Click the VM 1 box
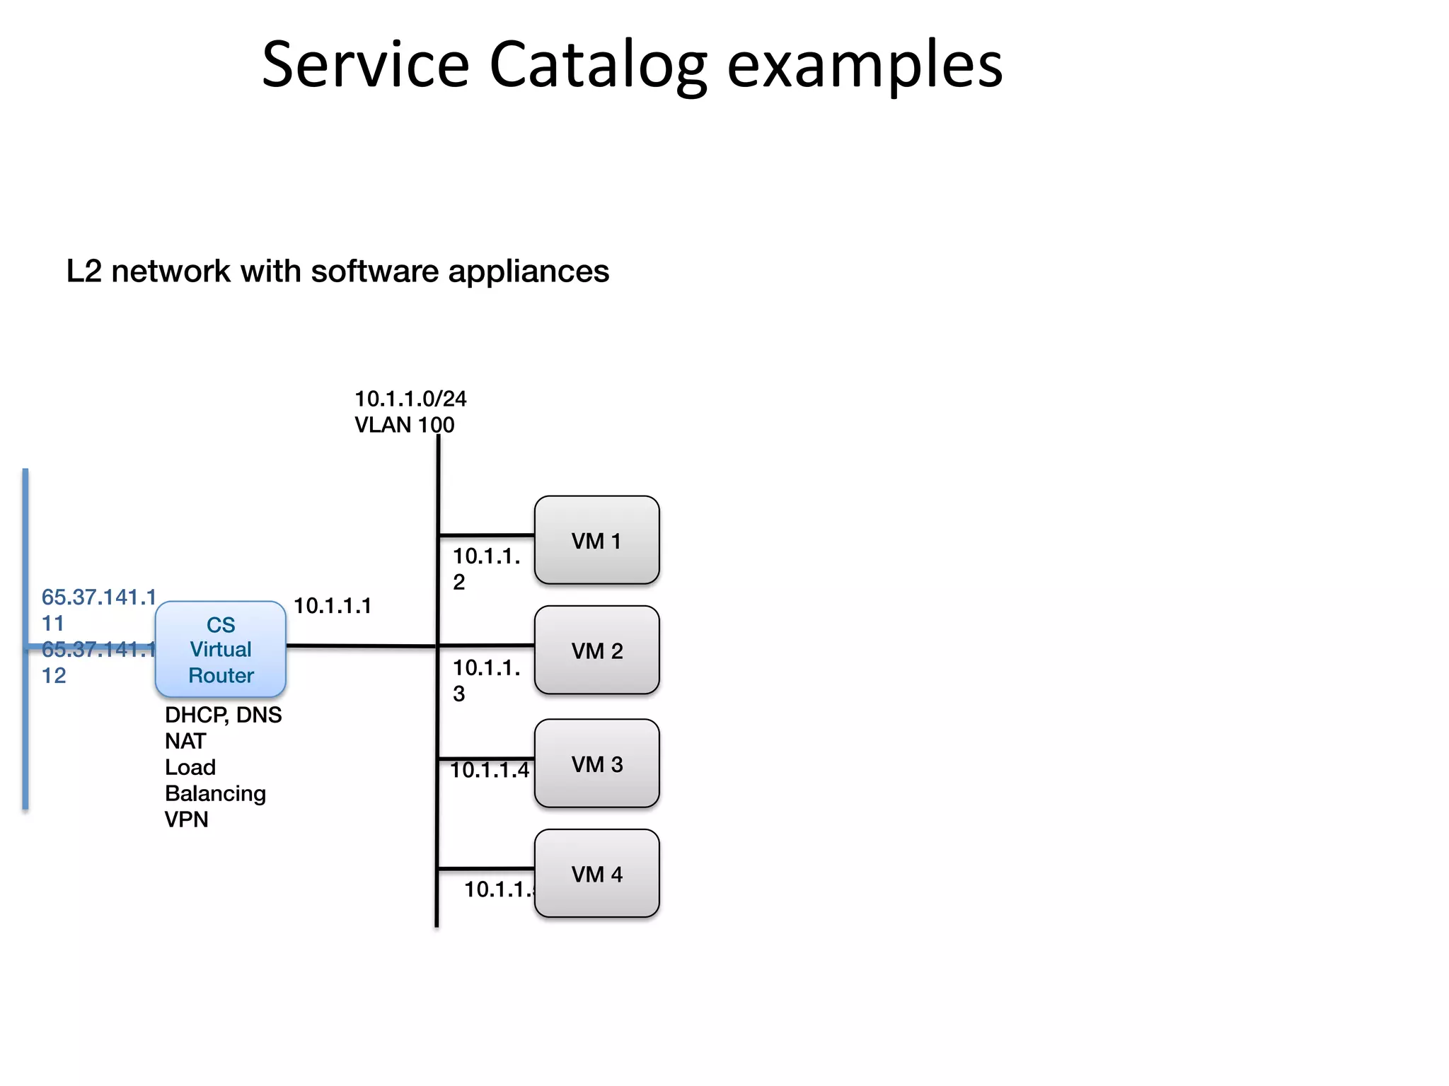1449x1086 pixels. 596,540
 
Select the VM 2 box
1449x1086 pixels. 596,650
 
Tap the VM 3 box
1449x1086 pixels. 596,764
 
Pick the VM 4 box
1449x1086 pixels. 596,874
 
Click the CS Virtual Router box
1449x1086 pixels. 220,649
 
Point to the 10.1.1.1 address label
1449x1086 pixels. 332,606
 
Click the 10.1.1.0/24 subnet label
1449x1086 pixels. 410,399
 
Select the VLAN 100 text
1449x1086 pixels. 404,425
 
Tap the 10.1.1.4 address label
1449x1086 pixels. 489,770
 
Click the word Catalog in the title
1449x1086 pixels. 598,65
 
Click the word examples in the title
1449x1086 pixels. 864,65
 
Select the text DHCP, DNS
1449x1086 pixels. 223,715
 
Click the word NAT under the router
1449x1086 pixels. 185,741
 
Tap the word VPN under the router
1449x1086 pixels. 186,819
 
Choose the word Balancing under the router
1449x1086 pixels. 215,793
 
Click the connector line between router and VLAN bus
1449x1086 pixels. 361,646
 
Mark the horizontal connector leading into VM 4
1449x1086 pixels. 486,868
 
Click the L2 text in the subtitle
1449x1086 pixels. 84,271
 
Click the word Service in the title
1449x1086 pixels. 365,65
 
